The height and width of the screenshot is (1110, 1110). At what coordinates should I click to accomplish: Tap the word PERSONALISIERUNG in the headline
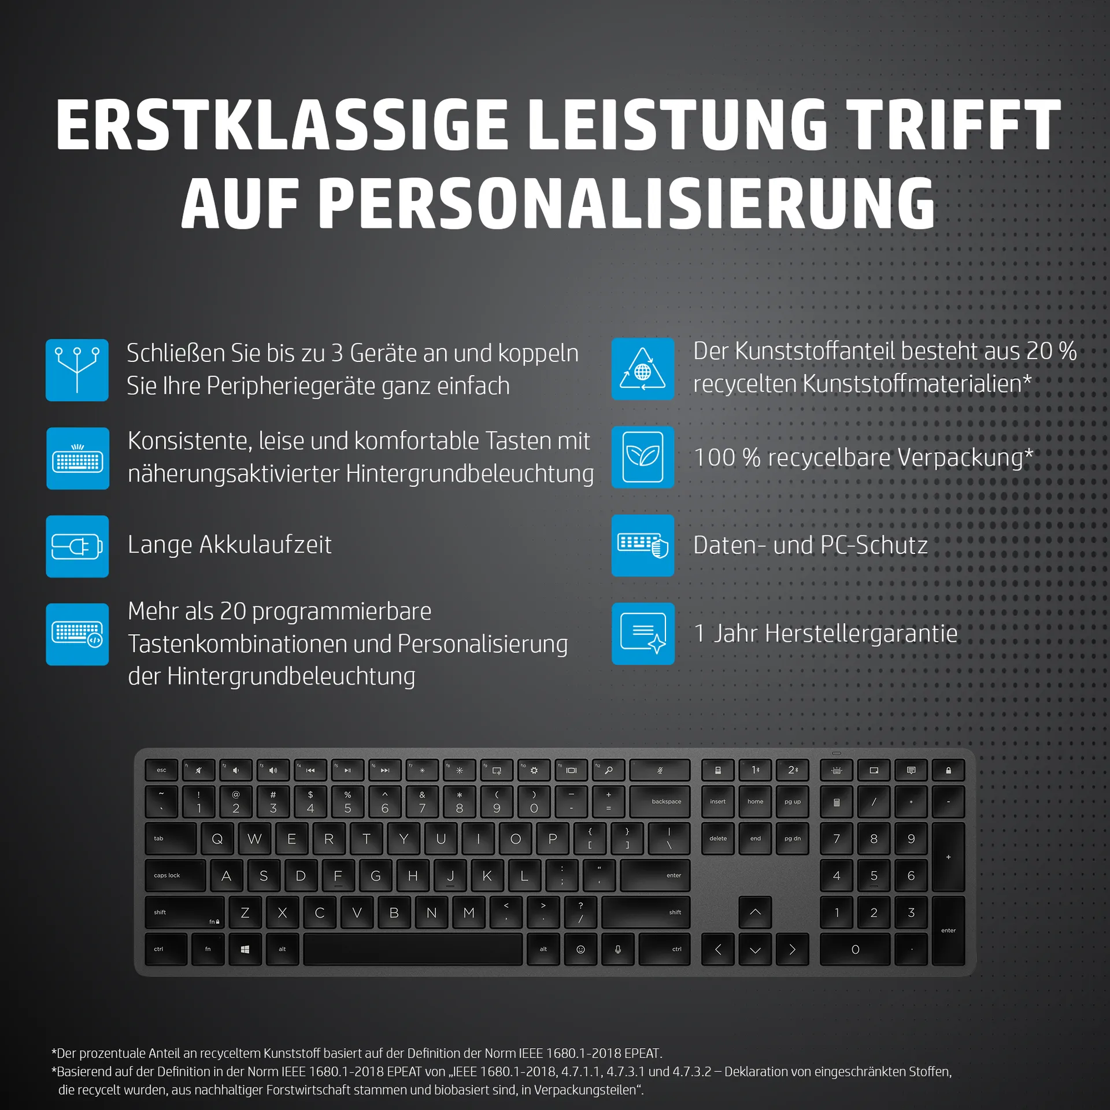pyautogui.click(x=626, y=203)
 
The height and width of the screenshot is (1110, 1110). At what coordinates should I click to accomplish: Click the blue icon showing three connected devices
pyautogui.click(x=77, y=370)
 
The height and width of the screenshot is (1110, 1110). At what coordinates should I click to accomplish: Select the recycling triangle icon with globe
pyautogui.click(x=642, y=369)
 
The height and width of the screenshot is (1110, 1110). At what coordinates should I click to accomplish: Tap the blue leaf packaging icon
pyautogui.click(x=642, y=457)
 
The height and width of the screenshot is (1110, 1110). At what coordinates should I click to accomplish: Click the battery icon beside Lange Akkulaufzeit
pyautogui.click(x=77, y=546)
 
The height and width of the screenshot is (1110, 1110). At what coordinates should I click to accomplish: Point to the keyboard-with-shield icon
pyautogui.click(x=642, y=545)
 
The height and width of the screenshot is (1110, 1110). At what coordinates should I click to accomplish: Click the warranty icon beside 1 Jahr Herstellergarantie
pyautogui.click(x=643, y=634)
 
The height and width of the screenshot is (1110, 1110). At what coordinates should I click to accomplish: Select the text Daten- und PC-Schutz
pyautogui.click(x=810, y=545)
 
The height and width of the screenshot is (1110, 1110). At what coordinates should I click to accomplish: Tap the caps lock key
pyautogui.click(x=175, y=875)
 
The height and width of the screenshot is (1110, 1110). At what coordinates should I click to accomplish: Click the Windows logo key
pyautogui.click(x=245, y=949)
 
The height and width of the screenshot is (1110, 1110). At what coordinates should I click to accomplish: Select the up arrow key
pyautogui.click(x=754, y=912)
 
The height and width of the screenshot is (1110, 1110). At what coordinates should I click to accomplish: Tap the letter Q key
pyautogui.click(x=217, y=839)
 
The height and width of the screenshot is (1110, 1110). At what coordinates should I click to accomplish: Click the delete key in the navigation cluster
pyautogui.click(x=717, y=839)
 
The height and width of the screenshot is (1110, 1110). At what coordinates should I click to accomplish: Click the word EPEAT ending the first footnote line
pyautogui.click(x=642, y=1053)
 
